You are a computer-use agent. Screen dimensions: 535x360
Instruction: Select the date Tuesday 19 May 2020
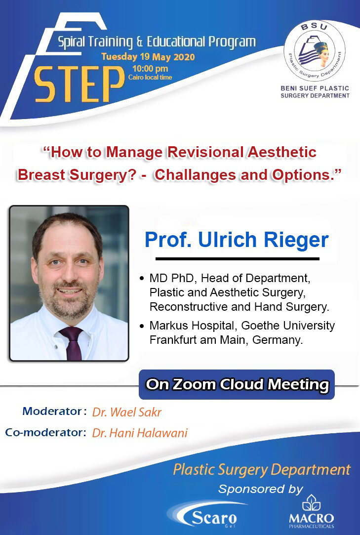point(148,57)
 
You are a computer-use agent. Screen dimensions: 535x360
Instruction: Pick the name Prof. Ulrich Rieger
point(237,241)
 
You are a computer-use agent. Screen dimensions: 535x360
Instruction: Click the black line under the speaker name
point(238,258)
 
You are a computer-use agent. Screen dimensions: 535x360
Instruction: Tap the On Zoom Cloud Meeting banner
point(237,384)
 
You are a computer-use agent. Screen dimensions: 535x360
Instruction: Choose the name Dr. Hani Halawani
point(140,433)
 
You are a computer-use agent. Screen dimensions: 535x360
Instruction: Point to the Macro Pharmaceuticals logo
point(311,511)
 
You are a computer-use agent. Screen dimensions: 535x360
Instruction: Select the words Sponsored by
point(260,490)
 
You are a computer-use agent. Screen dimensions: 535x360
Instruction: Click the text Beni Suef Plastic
point(315,88)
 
